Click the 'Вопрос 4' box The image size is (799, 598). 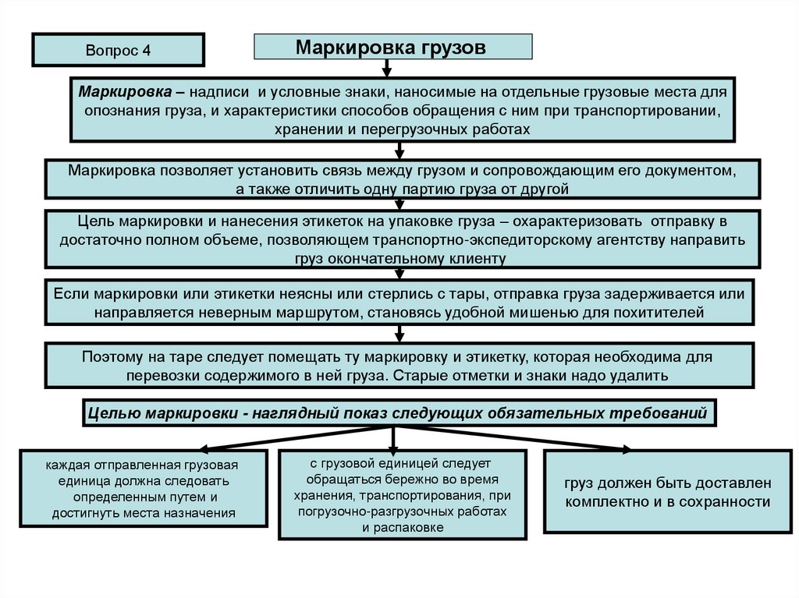click(x=118, y=50)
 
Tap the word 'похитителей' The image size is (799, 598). click(x=666, y=313)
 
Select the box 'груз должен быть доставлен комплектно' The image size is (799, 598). click(x=666, y=492)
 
